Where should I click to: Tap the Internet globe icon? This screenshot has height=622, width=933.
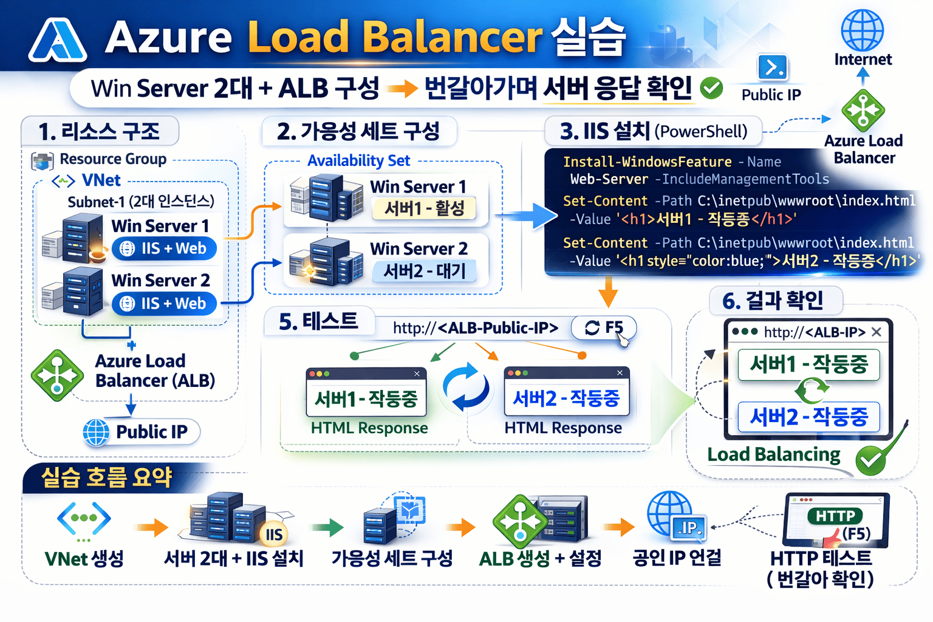862,30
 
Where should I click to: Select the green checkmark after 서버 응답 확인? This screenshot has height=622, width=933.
711,88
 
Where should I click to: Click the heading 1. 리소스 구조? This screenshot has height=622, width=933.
99,131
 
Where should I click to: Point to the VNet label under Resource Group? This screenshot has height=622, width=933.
101,180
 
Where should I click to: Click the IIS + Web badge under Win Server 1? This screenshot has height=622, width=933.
164,248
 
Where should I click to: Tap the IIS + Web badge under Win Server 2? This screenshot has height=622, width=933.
164,303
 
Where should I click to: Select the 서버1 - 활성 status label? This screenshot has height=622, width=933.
424,208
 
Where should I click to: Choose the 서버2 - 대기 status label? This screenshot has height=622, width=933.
424,271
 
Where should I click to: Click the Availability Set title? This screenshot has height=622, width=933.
358,161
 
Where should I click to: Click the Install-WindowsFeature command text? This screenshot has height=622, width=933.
647,162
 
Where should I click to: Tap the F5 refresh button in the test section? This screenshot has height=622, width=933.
604,328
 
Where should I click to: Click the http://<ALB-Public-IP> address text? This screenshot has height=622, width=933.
475,328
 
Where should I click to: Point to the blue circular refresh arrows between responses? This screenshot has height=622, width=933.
465,387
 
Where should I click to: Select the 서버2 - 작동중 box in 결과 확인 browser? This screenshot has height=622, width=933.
808,417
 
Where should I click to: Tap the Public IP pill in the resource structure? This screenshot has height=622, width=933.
141,432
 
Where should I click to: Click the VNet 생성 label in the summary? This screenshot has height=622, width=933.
84,559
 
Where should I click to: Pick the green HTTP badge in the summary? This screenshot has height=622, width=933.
835,516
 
